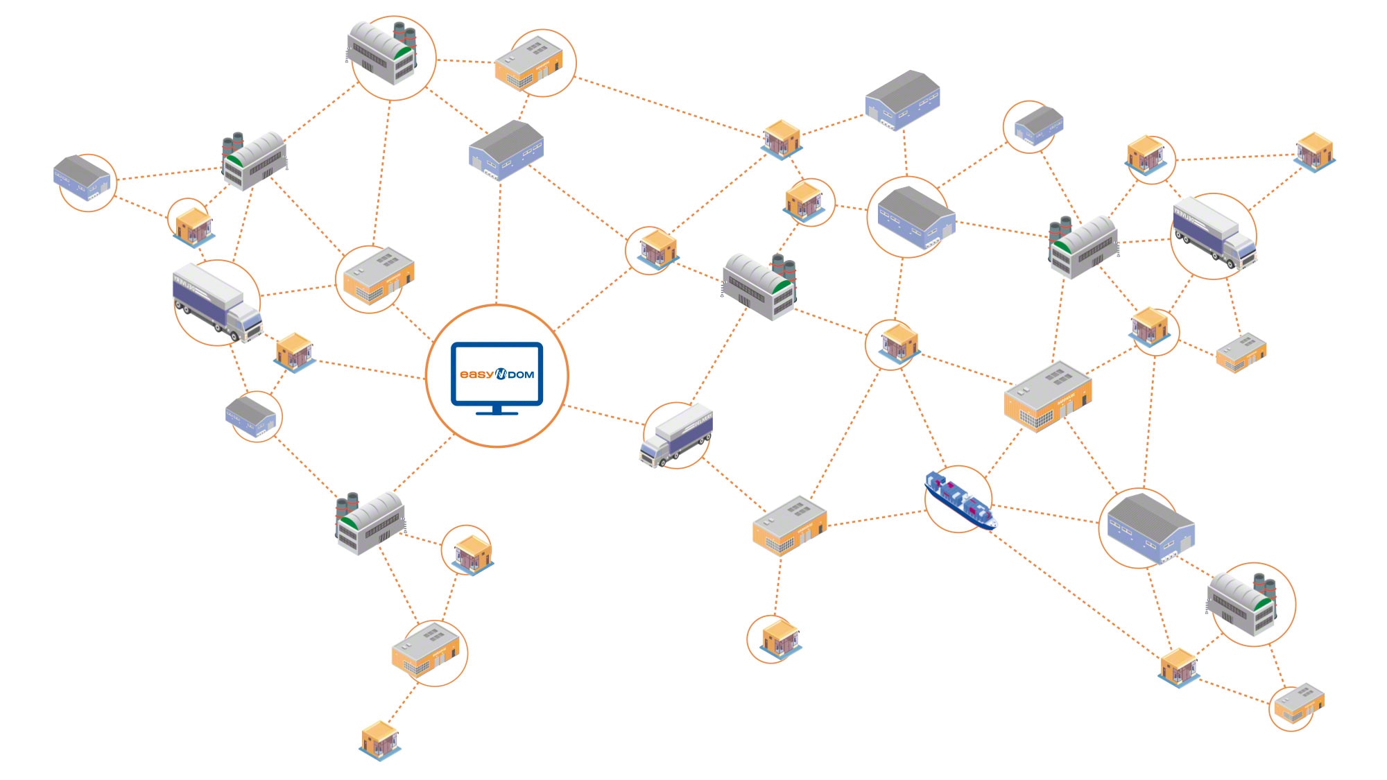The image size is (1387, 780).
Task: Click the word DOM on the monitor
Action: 522,375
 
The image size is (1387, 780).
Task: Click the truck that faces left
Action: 675,435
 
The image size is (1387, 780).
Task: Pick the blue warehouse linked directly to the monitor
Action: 506,149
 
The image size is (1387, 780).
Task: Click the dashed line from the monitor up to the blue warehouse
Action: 498,243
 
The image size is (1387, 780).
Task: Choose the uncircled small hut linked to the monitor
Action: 294,352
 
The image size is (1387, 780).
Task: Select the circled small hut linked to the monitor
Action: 655,248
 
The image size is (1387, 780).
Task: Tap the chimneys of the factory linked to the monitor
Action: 347,504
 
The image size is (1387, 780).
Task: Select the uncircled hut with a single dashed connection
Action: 379,740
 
